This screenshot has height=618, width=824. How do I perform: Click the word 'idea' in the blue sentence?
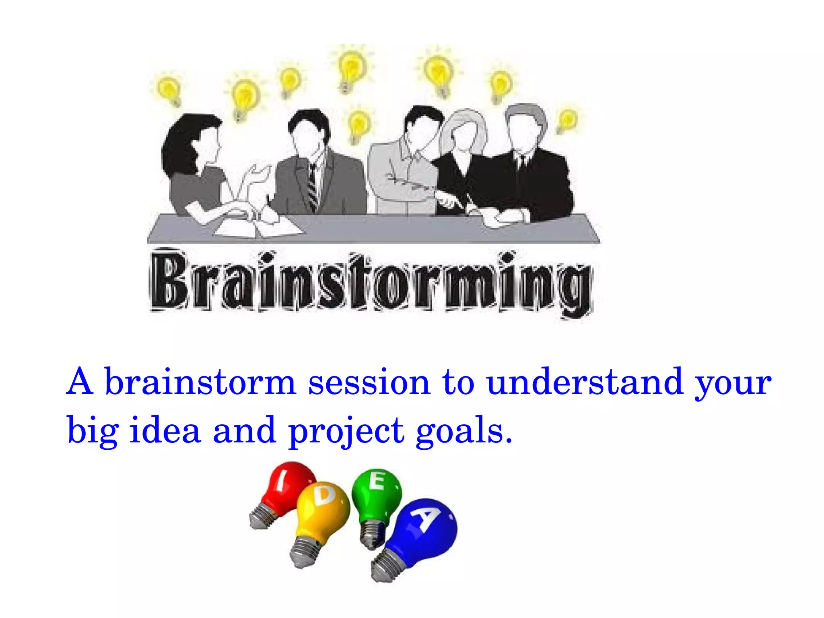(165, 430)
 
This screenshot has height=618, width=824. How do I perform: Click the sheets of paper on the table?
(257, 227)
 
